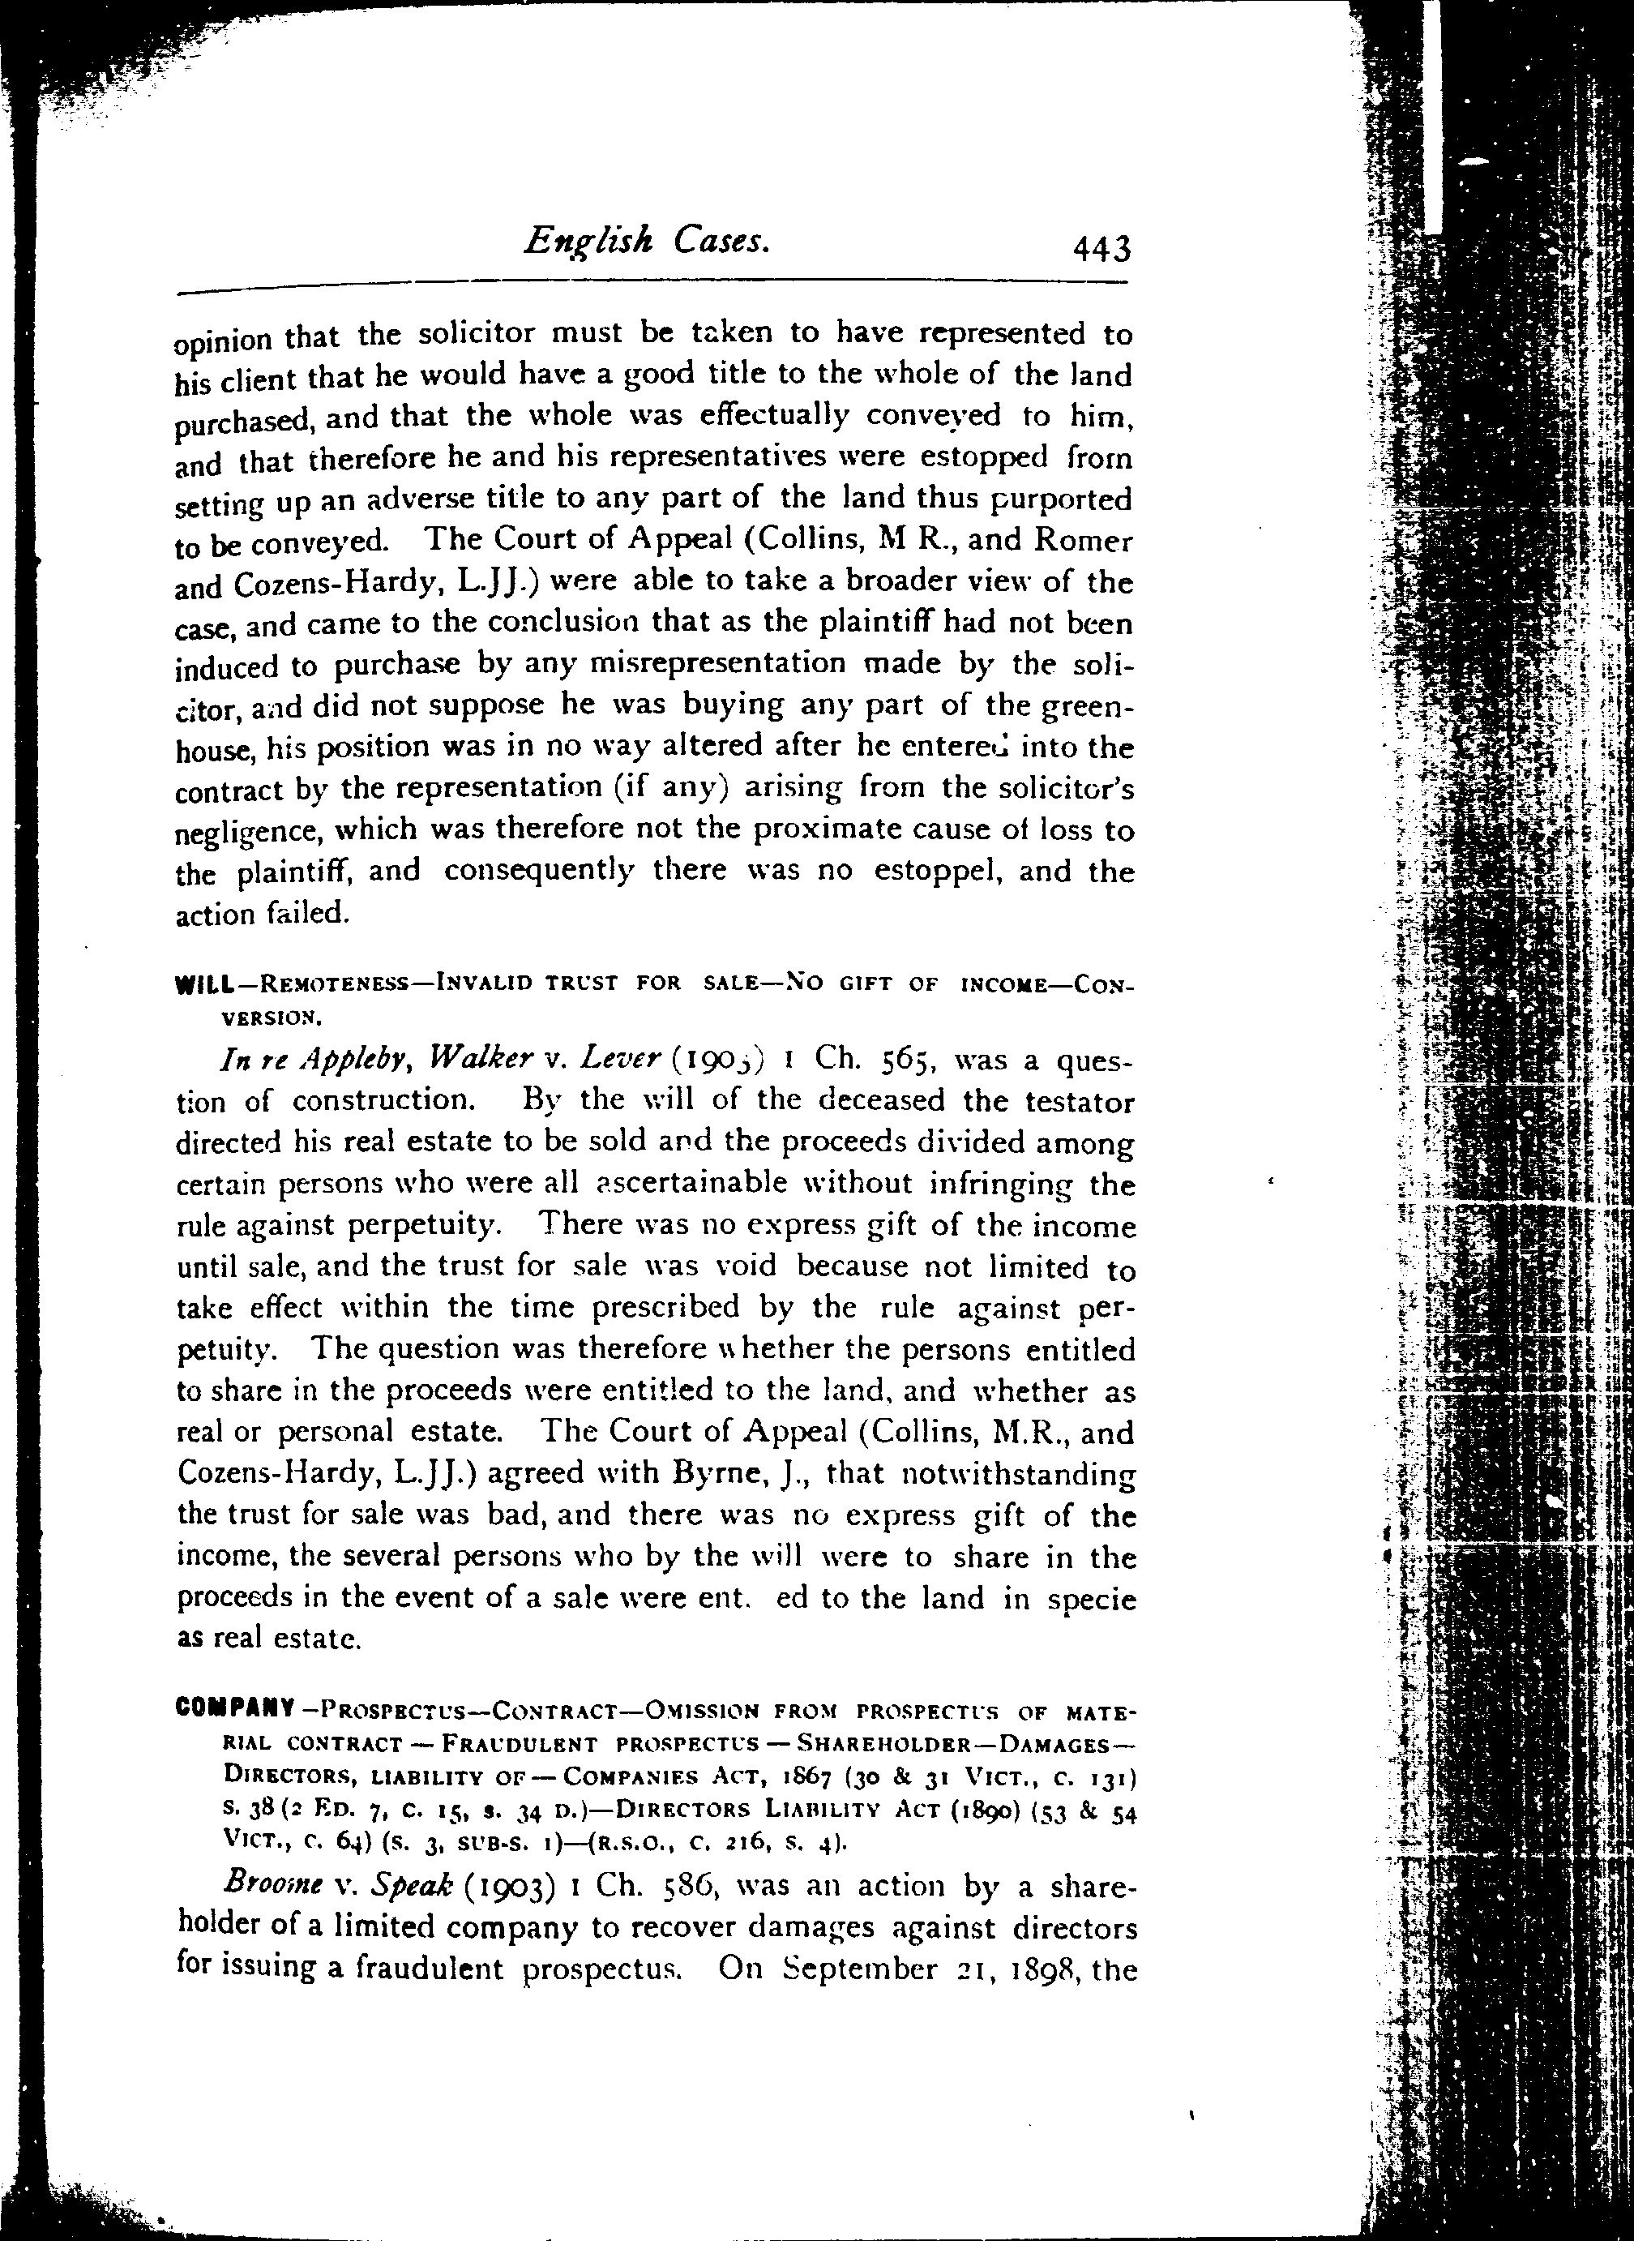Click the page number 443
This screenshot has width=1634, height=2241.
click(x=1101, y=247)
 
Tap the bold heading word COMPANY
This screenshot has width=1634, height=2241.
click(x=234, y=1708)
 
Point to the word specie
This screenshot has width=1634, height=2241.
click(x=1091, y=1600)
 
